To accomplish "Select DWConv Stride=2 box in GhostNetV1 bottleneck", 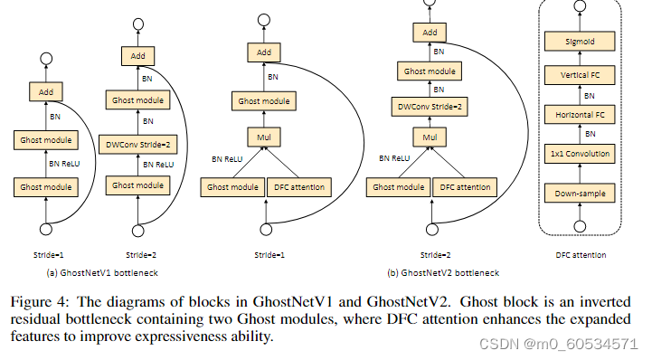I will [x=137, y=141].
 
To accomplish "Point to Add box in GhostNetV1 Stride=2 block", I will [x=137, y=56].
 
